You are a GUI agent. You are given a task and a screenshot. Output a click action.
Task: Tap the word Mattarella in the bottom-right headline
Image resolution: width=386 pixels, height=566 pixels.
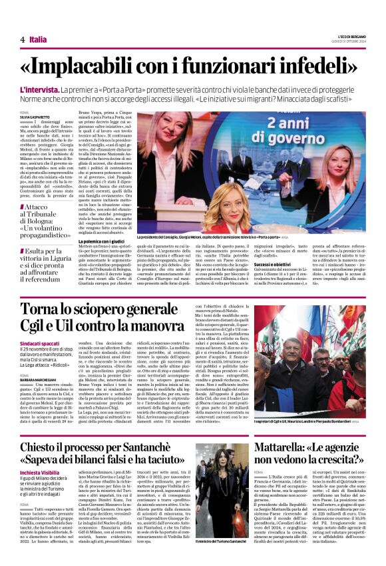(283, 450)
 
